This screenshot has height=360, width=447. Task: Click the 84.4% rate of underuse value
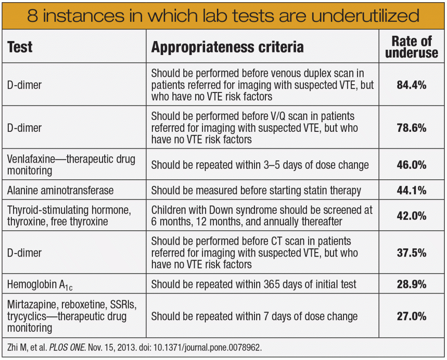click(411, 85)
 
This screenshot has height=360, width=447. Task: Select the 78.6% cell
click(411, 128)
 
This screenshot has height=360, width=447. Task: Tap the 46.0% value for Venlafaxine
click(411, 165)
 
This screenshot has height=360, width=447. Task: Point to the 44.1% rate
click(411, 191)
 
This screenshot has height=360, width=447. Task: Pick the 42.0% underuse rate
click(411, 216)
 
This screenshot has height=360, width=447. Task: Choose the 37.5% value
click(411, 253)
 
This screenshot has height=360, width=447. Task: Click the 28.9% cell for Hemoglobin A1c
click(411, 285)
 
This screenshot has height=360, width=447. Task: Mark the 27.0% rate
click(411, 316)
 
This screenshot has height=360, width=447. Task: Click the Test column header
click(20, 47)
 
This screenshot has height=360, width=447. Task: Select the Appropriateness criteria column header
click(227, 47)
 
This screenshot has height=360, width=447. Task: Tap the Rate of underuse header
click(411, 47)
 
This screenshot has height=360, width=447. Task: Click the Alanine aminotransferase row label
click(60, 191)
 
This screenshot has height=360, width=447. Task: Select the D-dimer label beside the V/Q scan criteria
click(24, 128)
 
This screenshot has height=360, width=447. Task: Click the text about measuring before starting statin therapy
click(256, 191)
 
